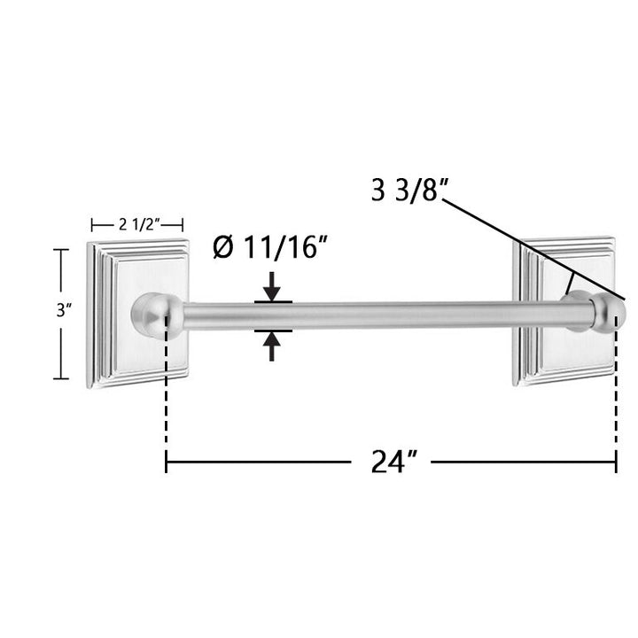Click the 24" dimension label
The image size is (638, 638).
click(x=393, y=462)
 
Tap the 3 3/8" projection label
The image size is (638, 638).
click(x=409, y=190)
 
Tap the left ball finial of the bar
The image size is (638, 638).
click(x=157, y=315)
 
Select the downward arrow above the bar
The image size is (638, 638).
click(x=271, y=287)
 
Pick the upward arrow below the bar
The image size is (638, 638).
click(x=271, y=346)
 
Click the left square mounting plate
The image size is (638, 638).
click(x=138, y=314)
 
